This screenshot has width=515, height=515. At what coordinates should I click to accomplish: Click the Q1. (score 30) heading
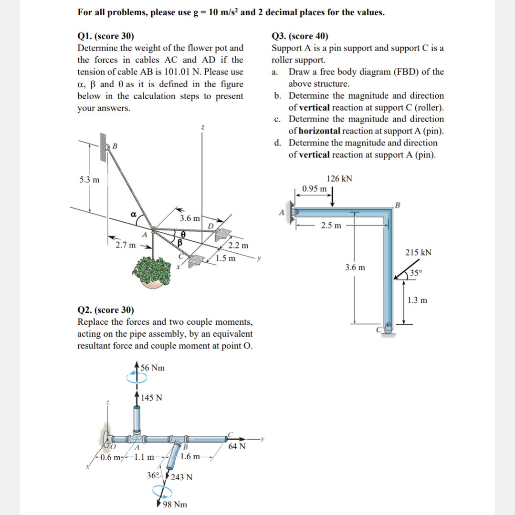[105, 36]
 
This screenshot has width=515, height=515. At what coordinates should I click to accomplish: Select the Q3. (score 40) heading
[300, 36]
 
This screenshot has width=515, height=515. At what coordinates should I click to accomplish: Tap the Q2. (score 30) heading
[105, 310]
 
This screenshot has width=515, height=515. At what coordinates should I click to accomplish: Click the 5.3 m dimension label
[89, 180]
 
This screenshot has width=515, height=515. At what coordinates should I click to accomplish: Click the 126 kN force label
[339, 178]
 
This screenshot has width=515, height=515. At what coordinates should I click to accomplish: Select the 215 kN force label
[418, 252]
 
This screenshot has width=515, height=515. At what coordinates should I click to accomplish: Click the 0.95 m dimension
[315, 188]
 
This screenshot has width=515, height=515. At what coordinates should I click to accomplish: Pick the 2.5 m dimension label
[331, 225]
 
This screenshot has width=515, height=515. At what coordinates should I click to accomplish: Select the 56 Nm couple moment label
[153, 368]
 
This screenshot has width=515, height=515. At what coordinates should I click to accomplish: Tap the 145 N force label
[152, 398]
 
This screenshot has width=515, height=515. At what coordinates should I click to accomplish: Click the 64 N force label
[237, 447]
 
